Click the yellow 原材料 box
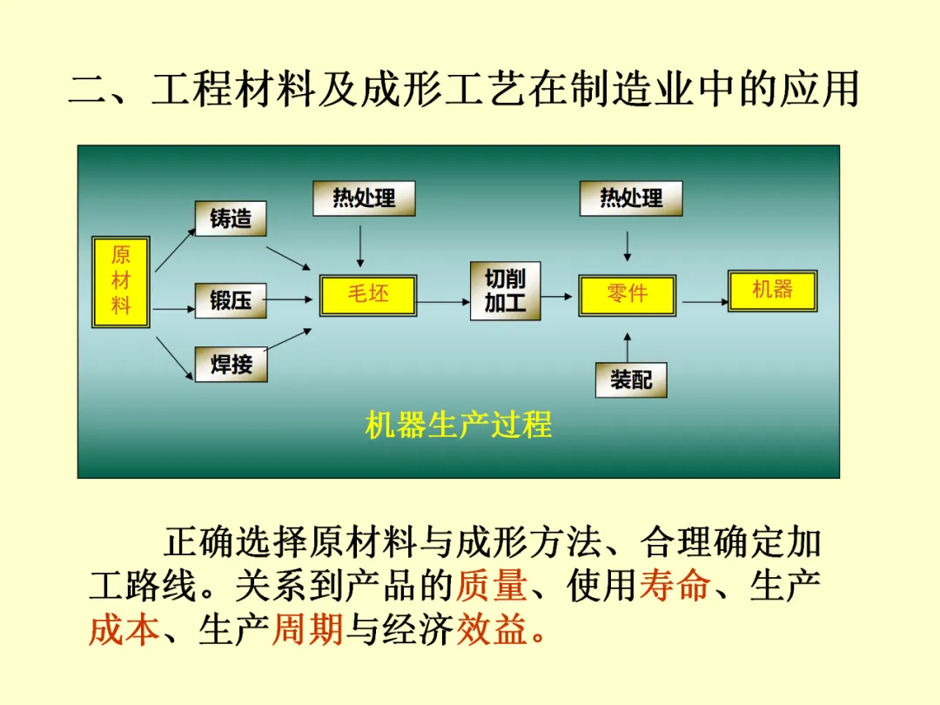click(121, 281)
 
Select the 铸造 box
click(231, 218)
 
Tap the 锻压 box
click(231, 300)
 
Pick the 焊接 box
click(231, 364)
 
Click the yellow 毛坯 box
click(368, 294)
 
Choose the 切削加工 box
click(505, 291)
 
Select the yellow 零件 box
click(627, 294)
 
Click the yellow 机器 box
click(772, 290)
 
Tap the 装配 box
click(631, 379)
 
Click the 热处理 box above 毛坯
click(364, 198)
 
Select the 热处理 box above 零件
click(631, 198)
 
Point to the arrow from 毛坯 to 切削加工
click(443, 302)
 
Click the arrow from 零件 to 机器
click(705, 302)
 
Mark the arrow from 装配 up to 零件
click(627, 346)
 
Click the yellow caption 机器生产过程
click(459, 425)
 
